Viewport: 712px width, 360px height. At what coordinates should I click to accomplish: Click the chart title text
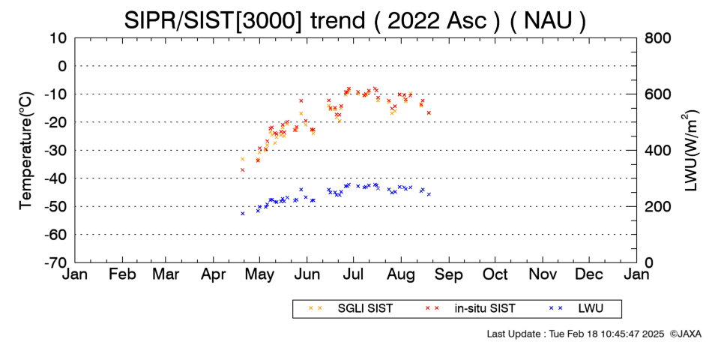pyautogui.click(x=355, y=20)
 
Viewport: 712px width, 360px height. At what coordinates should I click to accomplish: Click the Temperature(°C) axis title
pyautogui.click(x=26, y=151)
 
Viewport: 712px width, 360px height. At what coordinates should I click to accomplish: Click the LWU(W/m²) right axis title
pyautogui.click(x=689, y=151)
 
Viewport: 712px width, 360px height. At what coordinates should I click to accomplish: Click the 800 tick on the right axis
pyautogui.click(x=657, y=38)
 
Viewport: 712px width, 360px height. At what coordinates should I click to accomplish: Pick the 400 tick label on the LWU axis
pyautogui.click(x=657, y=151)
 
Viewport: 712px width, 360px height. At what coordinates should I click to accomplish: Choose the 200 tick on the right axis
pyautogui.click(x=657, y=206)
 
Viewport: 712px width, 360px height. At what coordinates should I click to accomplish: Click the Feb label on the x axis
pyautogui.click(x=122, y=274)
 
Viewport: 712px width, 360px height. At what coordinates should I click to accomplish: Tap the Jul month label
pyautogui.click(x=352, y=274)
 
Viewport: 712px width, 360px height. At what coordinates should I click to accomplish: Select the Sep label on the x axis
pyautogui.click(x=449, y=275)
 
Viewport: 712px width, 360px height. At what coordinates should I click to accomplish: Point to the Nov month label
pyautogui.click(x=543, y=274)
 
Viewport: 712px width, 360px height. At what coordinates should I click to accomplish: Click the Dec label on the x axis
pyautogui.click(x=589, y=274)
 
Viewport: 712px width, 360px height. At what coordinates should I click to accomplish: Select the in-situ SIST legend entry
pyautogui.click(x=471, y=308)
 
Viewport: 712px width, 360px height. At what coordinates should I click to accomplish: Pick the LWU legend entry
pyautogui.click(x=576, y=308)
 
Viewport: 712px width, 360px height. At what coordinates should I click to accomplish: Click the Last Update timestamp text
pyautogui.click(x=576, y=334)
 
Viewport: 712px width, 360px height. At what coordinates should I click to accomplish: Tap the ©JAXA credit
pyautogui.click(x=685, y=334)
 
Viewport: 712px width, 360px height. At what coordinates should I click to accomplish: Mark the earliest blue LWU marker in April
pyautogui.click(x=243, y=213)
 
